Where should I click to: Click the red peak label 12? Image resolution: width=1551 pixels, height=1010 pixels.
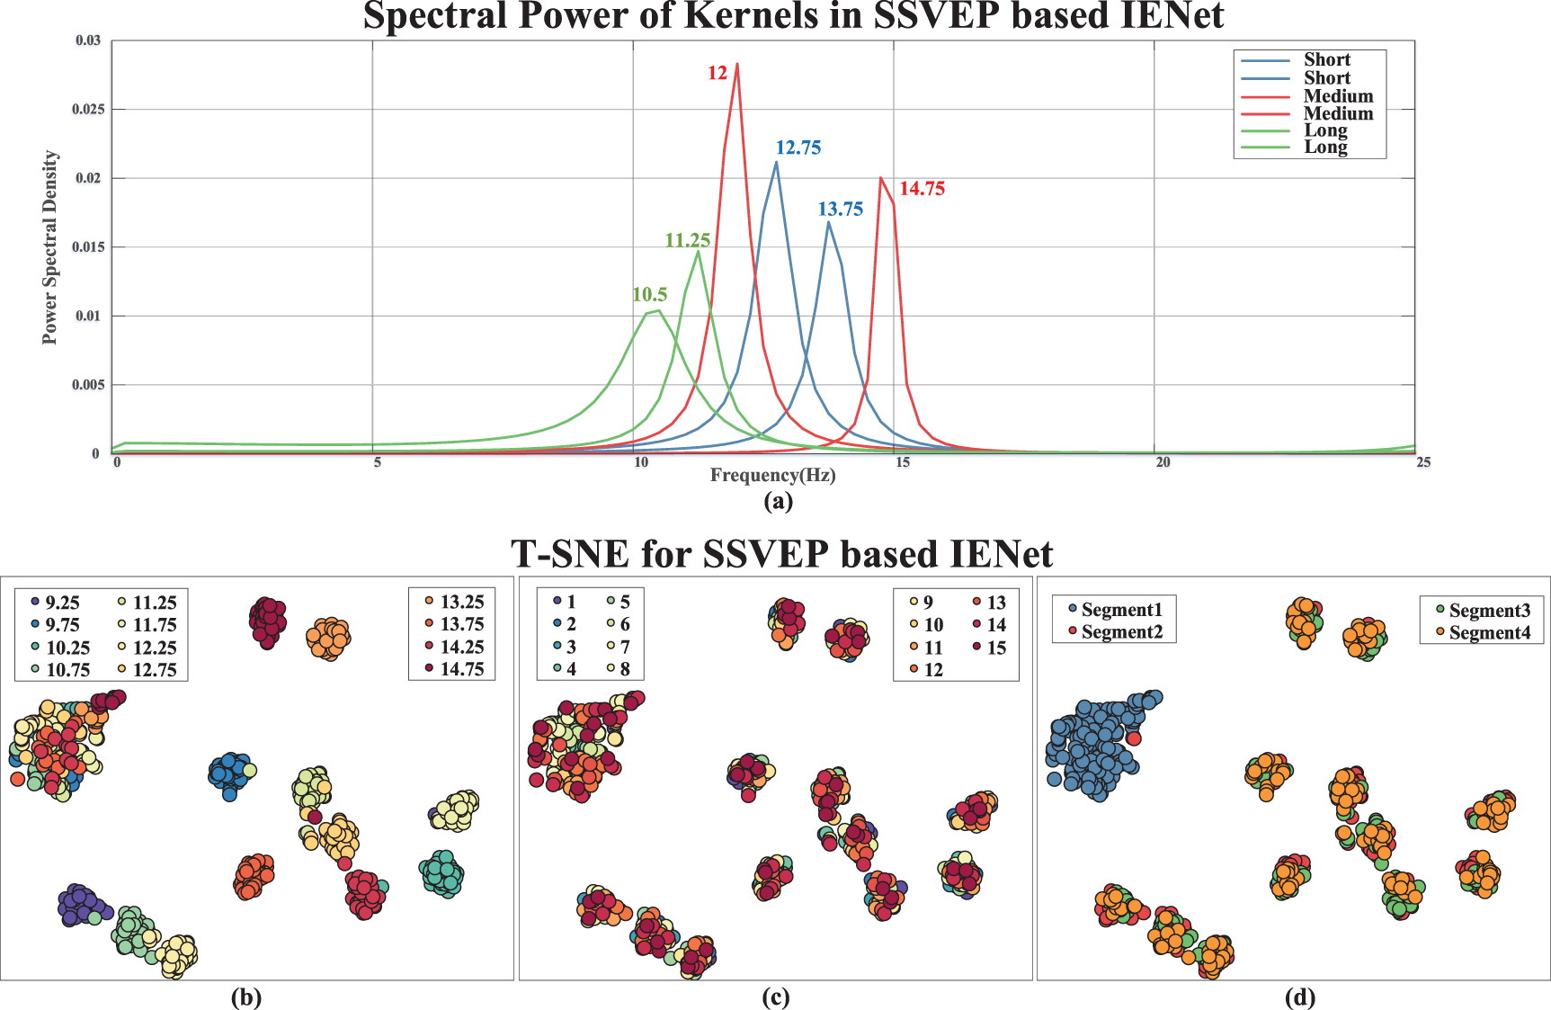[717, 73]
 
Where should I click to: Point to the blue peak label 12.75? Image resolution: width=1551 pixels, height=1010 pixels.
[798, 147]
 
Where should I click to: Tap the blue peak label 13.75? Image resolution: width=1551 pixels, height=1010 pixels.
[840, 210]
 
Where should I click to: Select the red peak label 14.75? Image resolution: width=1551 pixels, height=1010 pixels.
[922, 189]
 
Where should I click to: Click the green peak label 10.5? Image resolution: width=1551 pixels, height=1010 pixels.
[649, 295]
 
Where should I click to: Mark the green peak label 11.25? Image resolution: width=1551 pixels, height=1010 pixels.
[687, 240]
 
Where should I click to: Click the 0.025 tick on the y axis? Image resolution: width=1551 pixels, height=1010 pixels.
[88, 109]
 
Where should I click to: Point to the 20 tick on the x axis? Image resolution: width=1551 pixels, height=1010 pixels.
[1163, 462]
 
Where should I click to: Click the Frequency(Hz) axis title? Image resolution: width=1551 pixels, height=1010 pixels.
[772, 475]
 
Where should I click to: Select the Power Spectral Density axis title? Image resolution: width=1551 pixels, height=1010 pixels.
[49, 246]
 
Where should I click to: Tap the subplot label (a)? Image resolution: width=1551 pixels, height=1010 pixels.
[778, 501]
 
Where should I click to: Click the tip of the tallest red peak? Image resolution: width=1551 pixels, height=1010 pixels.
[737, 64]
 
